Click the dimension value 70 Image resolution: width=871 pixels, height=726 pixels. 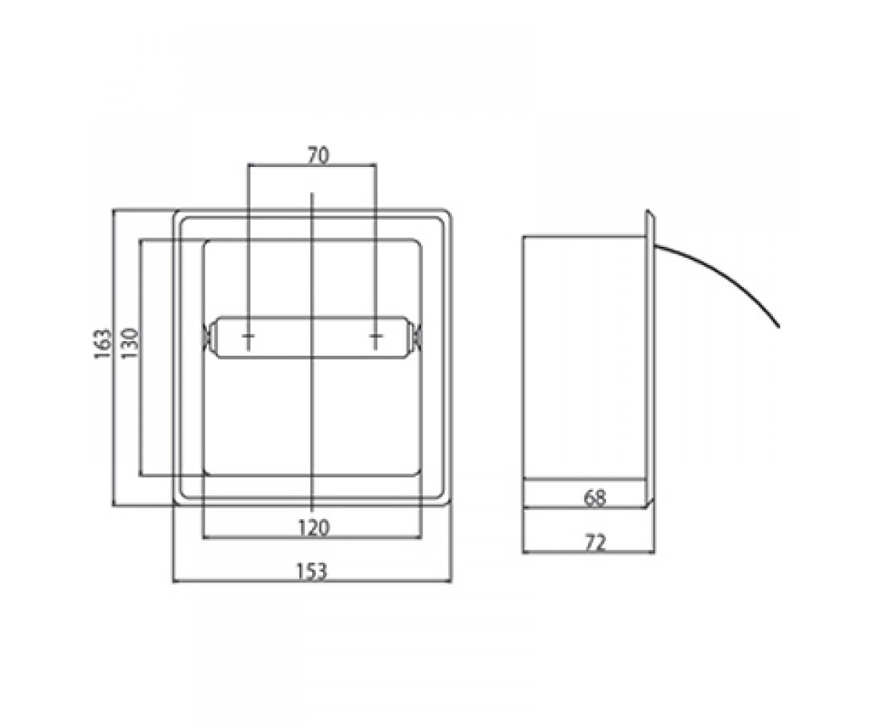point(319,155)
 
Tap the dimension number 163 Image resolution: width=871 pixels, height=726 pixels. point(102,344)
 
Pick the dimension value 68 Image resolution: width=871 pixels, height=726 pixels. point(594,498)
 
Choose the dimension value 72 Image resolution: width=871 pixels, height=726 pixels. point(595,543)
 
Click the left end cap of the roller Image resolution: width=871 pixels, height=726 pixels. point(208,336)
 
